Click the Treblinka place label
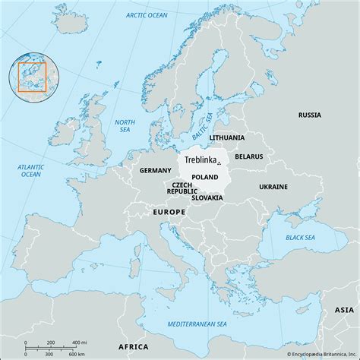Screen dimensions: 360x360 [x=198, y=161]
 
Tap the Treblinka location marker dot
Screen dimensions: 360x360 [x=218, y=163]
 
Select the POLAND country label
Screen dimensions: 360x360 [x=204, y=177]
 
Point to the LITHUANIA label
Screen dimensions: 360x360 [x=228, y=137]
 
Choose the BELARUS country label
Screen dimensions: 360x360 [x=248, y=156]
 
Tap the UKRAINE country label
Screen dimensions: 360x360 [x=273, y=186]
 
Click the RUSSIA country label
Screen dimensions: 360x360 [x=309, y=115]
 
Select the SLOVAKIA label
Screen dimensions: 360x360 [x=207, y=197]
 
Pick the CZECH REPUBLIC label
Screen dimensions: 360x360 [x=182, y=188]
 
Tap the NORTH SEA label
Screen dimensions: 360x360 [x=124, y=125]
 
